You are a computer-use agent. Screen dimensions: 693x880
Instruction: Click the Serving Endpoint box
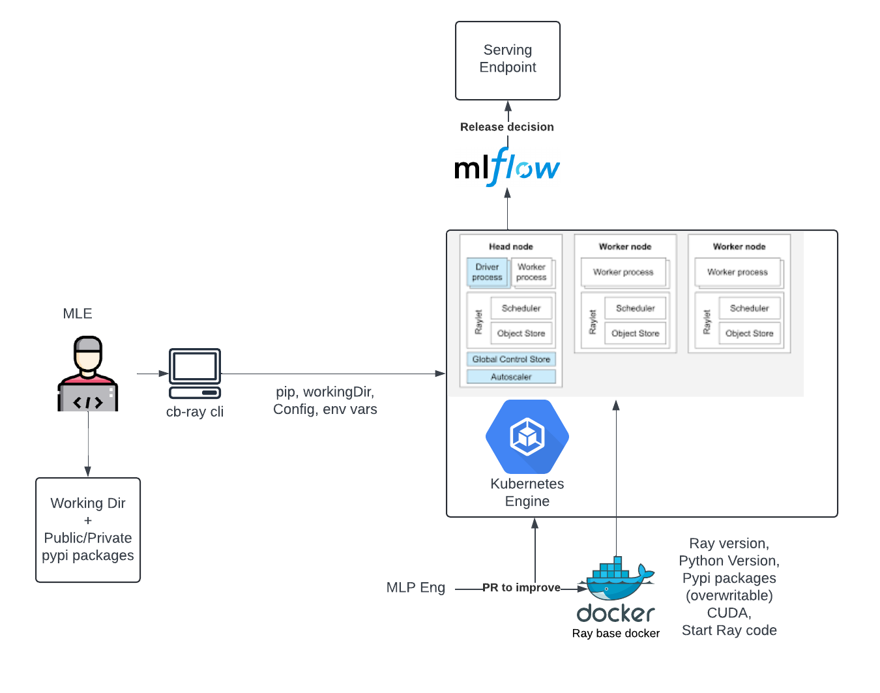pos(507,60)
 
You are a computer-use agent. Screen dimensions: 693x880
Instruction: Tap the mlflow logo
pos(506,167)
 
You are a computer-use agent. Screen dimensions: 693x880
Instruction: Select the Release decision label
pos(506,127)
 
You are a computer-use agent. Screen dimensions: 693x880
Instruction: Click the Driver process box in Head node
pos(487,273)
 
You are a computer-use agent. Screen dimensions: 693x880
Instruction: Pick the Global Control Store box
pos(511,359)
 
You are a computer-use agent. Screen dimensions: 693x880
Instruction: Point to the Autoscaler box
pos(511,377)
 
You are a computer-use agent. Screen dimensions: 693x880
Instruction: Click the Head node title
pos(511,246)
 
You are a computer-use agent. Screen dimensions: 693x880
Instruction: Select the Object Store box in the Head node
pos(521,333)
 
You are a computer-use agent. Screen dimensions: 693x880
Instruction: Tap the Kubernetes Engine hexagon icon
pos(527,436)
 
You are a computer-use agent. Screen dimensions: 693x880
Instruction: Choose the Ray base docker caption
pos(616,633)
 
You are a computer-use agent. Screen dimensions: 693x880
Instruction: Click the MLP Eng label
pos(415,587)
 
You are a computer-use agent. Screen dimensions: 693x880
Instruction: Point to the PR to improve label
pos(521,587)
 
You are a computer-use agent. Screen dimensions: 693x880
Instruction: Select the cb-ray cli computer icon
pos(195,373)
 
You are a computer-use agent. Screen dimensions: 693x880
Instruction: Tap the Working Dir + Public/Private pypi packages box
pos(88,529)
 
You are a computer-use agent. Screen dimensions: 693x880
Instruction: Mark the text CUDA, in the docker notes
pos(729,613)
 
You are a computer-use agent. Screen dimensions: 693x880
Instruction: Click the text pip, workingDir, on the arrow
pos(325,392)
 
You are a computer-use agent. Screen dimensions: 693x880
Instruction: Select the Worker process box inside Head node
pos(531,273)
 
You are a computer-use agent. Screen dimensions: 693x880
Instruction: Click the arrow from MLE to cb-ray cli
pos(153,374)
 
